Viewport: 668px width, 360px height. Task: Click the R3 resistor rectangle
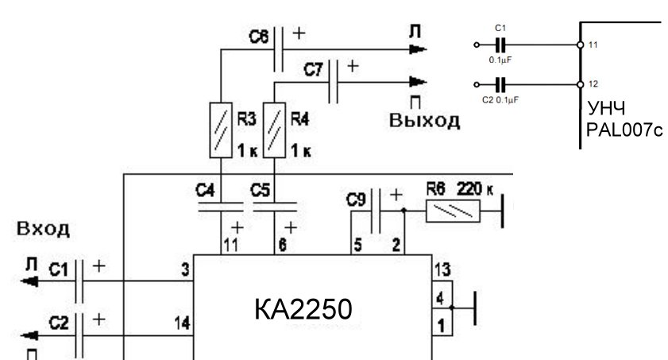[221, 130]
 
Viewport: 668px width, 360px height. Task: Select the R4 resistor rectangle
[274, 130]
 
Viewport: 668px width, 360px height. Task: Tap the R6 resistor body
[454, 211]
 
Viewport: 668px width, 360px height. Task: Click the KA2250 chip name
[303, 309]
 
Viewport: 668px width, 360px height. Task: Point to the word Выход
[424, 121]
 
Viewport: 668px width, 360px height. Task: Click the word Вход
[43, 229]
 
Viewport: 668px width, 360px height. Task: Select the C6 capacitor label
[259, 37]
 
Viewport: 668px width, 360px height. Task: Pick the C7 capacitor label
[314, 69]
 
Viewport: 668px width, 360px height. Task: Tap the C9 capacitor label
[356, 199]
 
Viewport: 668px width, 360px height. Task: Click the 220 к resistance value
[475, 188]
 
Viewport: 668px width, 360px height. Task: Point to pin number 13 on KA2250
[442, 270]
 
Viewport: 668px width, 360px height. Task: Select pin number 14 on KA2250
[183, 323]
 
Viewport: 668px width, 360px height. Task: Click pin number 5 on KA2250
[357, 246]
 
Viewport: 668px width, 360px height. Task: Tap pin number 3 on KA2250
[185, 269]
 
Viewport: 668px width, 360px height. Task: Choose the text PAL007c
[624, 130]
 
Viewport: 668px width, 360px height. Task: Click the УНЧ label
[606, 109]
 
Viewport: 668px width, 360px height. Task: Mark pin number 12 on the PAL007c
[593, 84]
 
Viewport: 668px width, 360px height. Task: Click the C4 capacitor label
[206, 190]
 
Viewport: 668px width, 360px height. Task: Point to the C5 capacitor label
[261, 190]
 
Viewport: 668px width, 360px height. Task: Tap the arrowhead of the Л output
[418, 49]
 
